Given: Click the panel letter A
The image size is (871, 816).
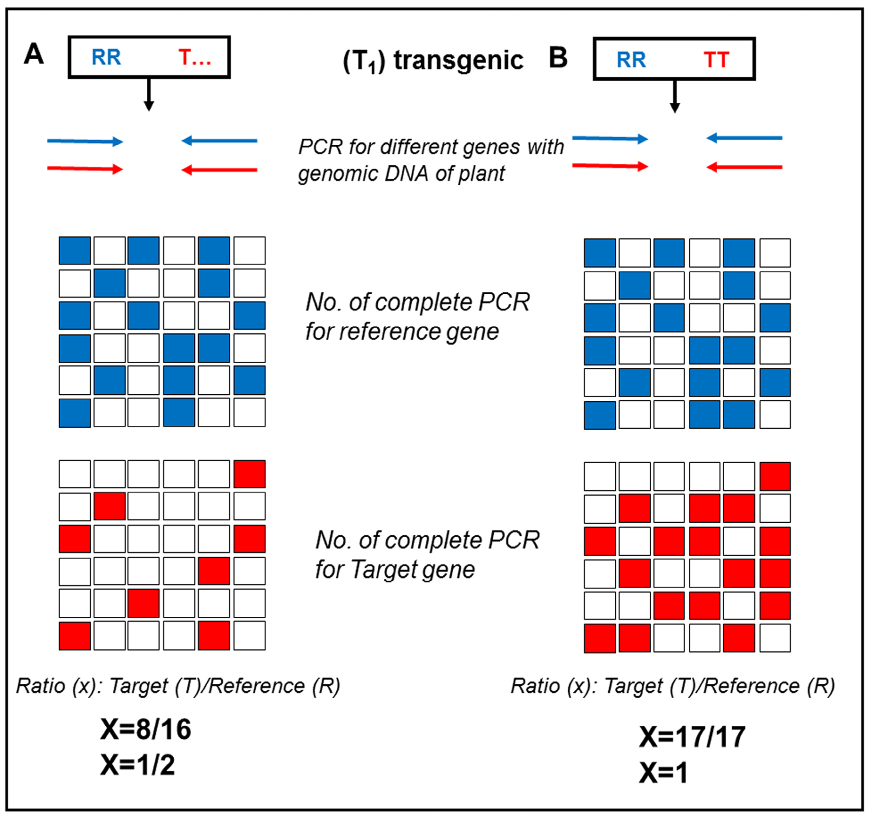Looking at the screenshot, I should click(34, 54).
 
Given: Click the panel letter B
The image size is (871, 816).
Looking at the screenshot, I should click(558, 58).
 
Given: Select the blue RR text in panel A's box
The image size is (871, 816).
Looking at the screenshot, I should click(106, 58).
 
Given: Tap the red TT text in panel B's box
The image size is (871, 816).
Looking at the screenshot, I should click(716, 60).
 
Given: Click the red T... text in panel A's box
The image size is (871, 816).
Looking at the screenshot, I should click(195, 58).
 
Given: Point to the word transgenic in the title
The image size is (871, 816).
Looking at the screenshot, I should click(458, 61).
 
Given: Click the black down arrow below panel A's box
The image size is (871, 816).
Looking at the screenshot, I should click(149, 95).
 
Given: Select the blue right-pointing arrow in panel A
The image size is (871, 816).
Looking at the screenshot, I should click(85, 141).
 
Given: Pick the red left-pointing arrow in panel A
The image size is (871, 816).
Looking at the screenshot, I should click(219, 170).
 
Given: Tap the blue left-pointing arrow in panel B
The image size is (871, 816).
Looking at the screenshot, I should click(744, 138).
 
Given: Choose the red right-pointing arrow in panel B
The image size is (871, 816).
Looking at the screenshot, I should click(610, 166).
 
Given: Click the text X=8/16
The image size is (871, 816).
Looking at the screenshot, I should click(146, 729).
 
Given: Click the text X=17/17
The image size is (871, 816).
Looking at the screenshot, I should click(692, 737).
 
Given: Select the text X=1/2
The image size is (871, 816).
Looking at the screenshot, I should click(138, 765).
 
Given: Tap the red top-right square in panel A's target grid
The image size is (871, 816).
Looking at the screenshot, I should click(250, 474).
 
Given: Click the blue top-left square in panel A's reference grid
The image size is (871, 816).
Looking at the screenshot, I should click(75, 250).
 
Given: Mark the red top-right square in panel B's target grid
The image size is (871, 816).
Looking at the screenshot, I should click(775, 476).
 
